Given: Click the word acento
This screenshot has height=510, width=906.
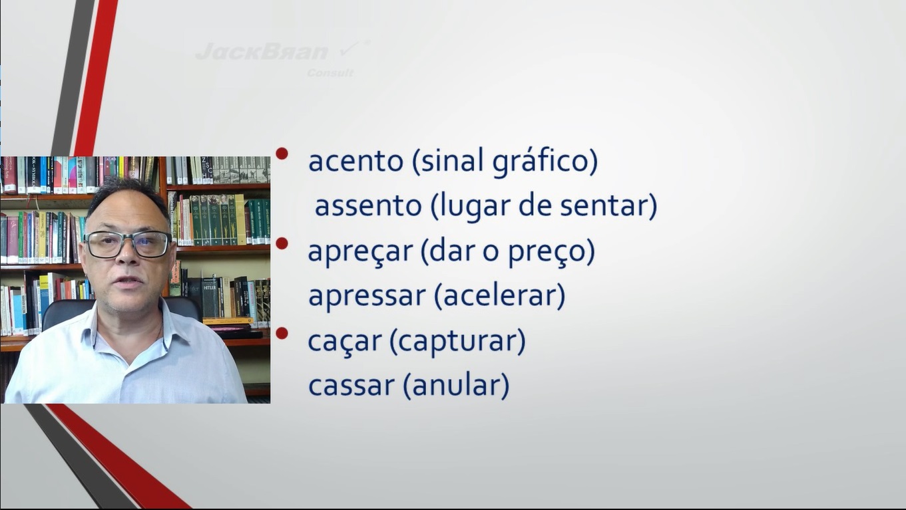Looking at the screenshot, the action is tap(355, 161).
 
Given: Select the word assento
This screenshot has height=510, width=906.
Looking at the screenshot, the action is tap(368, 205).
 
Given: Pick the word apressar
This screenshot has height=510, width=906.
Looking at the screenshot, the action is tap(367, 296).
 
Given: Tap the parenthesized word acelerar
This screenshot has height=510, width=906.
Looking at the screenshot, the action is tap(499, 295).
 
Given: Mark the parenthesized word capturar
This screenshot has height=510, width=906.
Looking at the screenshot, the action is tap(457, 342).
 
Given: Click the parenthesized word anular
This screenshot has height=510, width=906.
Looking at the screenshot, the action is tap(456, 385).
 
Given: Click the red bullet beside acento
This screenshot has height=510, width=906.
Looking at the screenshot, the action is tap(282, 154).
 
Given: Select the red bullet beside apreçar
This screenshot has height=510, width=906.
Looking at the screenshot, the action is tap(282, 243).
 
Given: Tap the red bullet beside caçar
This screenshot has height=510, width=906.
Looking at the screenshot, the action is tap(282, 333).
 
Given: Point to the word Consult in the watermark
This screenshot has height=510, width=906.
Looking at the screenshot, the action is tap(330, 73).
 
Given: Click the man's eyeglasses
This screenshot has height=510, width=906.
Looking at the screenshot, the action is tap(127, 244).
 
